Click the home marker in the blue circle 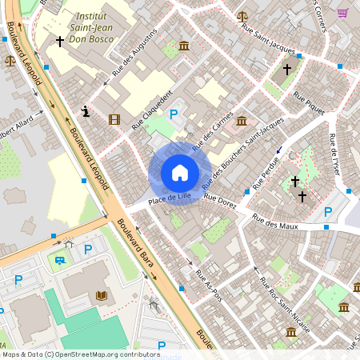click(x=180, y=173)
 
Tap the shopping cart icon click(x=342, y=13)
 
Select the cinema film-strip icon click(x=114, y=120)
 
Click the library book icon click(x=101, y=296)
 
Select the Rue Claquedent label click(x=152, y=114)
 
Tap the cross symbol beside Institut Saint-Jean click(x=59, y=41)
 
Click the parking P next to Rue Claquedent click(x=173, y=115)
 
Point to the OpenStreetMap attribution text click(x=80, y=354)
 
